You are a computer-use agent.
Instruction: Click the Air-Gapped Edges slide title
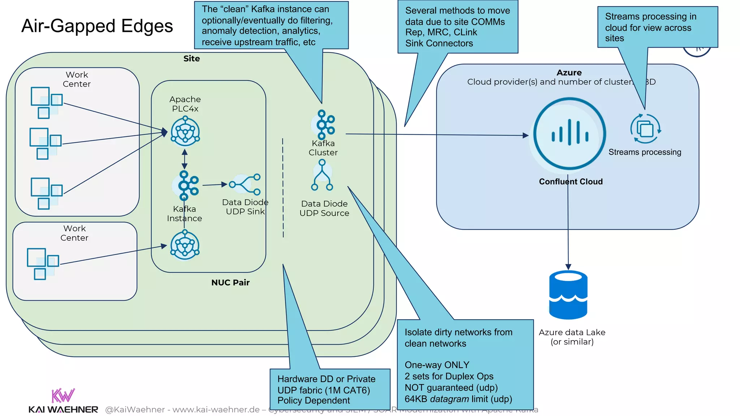(97, 26)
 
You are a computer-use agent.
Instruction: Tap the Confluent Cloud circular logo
(569, 134)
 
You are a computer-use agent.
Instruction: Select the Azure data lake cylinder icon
(568, 295)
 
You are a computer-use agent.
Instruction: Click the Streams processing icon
(645, 129)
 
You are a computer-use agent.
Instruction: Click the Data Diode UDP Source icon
(322, 175)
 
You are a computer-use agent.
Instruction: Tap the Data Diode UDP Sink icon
(245, 185)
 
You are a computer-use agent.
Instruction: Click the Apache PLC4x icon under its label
(185, 131)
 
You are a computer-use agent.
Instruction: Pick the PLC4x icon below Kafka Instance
(185, 245)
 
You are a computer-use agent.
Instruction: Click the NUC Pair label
(230, 283)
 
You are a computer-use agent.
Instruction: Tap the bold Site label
(192, 58)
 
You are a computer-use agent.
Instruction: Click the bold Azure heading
(569, 73)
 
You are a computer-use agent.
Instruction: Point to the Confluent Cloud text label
(571, 182)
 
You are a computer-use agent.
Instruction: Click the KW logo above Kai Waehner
(63, 396)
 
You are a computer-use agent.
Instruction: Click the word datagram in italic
(449, 399)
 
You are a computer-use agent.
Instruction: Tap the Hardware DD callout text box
(330, 389)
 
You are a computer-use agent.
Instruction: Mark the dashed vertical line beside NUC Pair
(283, 188)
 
